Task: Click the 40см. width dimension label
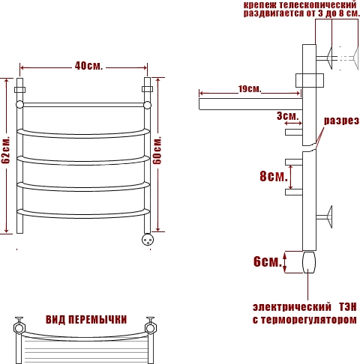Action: pos(88,66)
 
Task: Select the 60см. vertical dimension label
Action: pos(157,150)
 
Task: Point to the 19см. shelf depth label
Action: pos(250,88)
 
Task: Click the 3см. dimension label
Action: pos(288,116)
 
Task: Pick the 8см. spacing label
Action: pos(274,176)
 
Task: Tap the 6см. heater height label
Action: pos(268,261)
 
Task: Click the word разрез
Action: pos(341,121)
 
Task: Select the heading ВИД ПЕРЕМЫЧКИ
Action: pos(86,320)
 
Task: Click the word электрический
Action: pos(292,307)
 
